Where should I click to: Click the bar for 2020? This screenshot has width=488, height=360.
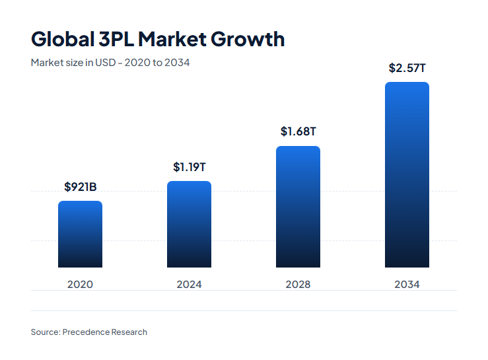tap(80, 234)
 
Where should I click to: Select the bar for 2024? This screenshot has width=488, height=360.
tap(189, 225)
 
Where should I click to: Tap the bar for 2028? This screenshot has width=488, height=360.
tap(298, 207)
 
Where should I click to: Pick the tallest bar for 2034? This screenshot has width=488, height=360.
tap(407, 175)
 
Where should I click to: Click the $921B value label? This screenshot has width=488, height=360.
tap(80, 187)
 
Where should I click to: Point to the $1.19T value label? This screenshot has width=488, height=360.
tap(189, 167)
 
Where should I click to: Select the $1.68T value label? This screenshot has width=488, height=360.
tap(298, 131)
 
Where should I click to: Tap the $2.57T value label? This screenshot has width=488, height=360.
tap(407, 68)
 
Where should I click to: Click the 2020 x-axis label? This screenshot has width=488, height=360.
tap(80, 285)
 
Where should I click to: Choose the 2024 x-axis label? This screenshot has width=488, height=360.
tap(189, 285)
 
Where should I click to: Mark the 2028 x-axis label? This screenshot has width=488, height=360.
tap(298, 285)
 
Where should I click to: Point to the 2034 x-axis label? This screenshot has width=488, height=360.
tap(407, 285)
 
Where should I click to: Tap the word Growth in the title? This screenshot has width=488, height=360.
tap(248, 40)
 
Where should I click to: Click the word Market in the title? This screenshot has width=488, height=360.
tap(174, 39)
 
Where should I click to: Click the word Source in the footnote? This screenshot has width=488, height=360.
tap(44, 332)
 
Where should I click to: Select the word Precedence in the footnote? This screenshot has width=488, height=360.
tap(87, 332)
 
